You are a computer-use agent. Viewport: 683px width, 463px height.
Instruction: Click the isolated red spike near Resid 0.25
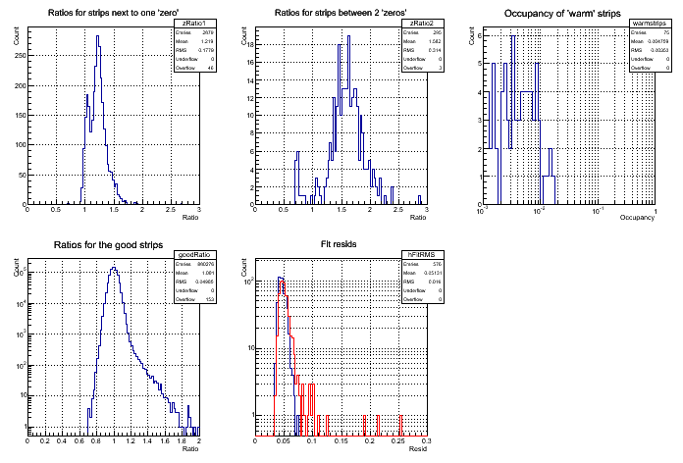(x=398, y=418)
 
